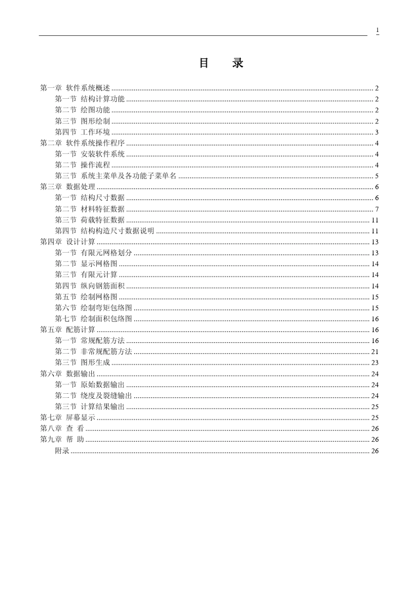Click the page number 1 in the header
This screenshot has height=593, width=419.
coord(377,30)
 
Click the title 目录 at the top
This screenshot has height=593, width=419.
coord(221,63)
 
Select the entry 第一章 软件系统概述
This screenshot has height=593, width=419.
coord(75,88)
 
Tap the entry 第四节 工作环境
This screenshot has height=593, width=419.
coord(82,132)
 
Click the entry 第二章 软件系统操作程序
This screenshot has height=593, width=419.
coord(82,143)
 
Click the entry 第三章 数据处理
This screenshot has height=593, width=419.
coord(67,187)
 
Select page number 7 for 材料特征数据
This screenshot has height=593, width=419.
coord(377,209)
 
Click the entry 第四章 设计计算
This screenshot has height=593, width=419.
coord(67,242)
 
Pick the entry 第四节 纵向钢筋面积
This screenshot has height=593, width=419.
coord(90,286)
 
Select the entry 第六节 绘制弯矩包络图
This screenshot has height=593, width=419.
coord(94,308)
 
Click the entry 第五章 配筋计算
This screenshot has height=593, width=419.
coord(67,330)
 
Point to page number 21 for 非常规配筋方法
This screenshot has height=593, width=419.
coord(375,352)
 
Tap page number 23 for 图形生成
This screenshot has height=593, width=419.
coord(375,363)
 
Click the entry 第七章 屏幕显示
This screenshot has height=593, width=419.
coord(67,418)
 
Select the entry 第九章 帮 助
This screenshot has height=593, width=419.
coord(62,440)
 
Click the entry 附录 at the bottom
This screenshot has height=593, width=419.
coord(62,451)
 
